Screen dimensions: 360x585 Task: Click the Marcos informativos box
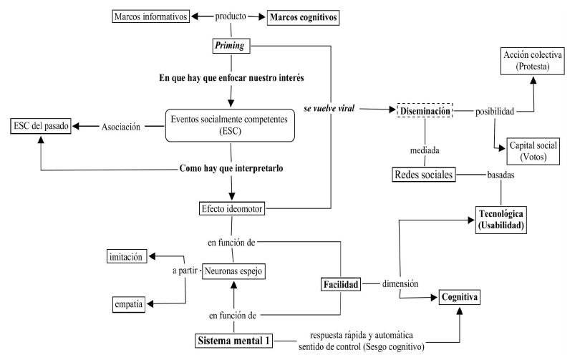point(151,16)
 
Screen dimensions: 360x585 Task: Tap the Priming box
point(230,46)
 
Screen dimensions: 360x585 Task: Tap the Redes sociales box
point(425,174)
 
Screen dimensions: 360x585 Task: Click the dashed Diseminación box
point(426,111)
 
